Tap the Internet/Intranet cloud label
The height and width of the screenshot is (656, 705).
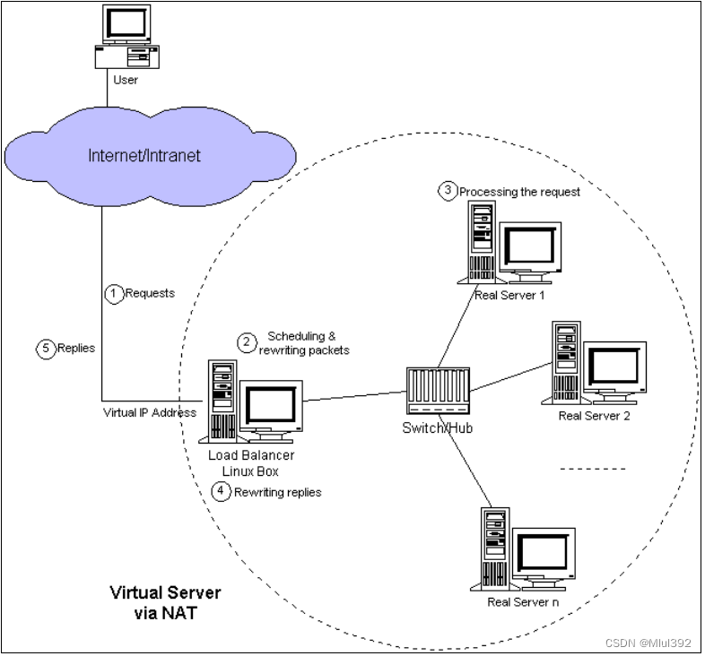click(x=144, y=155)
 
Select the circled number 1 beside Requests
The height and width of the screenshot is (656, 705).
click(x=114, y=293)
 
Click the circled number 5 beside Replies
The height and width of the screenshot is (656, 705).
click(x=47, y=349)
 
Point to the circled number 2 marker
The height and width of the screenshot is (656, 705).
click(x=245, y=342)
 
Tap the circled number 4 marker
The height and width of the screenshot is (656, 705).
click(x=221, y=491)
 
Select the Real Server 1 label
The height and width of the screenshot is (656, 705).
click(x=509, y=295)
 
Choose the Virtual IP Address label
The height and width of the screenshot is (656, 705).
click(x=150, y=413)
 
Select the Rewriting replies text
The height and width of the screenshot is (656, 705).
click(x=277, y=492)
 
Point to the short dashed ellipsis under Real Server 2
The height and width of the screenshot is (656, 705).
click(x=593, y=469)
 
